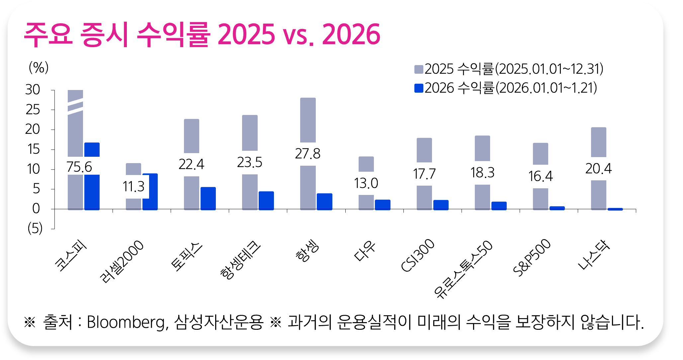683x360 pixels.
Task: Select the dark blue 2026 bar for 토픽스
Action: (x=208, y=198)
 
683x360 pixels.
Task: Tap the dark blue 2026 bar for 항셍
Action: (x=324, y=202)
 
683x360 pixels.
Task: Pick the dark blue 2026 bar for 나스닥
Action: (x=615, y=209)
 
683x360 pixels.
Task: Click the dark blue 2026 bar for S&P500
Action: (x=557, y=208)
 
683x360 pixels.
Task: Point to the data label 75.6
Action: (x=79, y=167)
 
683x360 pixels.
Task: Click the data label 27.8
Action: (x=307, y=154)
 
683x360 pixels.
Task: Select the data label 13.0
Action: (x=366, y=183)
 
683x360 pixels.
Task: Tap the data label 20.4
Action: (x=598, y=169)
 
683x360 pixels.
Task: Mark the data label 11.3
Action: (x=133, y=187)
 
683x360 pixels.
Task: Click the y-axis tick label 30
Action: (x=33, y=90)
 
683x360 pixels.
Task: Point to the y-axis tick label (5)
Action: (x=35, y=228)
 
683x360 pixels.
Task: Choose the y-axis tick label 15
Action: (x=33, y=149)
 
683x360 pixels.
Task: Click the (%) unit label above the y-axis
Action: (x=39, y=68)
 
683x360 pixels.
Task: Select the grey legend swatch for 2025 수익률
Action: (x=419, y=69)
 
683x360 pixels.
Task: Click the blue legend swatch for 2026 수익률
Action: (x=419, y=88)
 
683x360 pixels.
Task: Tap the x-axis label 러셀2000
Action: (x=122, y=262)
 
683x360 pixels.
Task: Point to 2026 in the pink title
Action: (x=351, y=35)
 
